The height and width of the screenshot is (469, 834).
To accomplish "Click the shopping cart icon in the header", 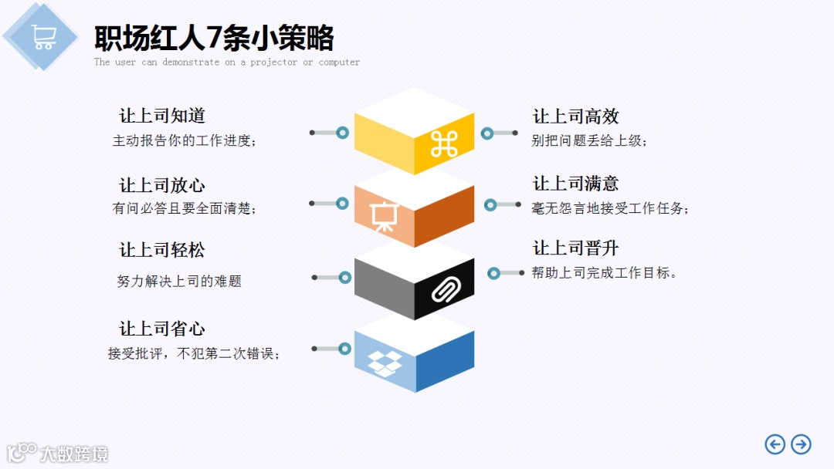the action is coord(43,36).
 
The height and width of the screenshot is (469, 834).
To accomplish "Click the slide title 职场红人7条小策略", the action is coord(214,38).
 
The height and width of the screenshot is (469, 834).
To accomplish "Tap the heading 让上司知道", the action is coord(162,116).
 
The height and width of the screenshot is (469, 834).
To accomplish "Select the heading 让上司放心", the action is coord(162,185).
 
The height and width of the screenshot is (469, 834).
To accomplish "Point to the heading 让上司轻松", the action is coord(162,250).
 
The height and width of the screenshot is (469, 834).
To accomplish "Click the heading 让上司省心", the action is coord(162,329).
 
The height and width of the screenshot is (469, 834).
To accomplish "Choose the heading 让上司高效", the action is coord(576,116).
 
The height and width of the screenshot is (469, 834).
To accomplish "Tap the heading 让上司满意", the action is coord(576,184).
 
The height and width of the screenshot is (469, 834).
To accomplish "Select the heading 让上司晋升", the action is coord(576,248).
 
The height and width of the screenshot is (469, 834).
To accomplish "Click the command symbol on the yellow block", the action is coord(444,144).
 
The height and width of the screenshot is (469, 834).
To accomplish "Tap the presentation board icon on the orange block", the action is coord(382,216).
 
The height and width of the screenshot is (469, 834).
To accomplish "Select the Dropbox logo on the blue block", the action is coord(385,361).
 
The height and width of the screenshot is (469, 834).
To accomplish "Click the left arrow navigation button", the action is coord(775,444).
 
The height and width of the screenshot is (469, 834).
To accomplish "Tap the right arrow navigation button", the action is coord(802,444).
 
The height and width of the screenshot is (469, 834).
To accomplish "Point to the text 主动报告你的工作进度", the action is coord(184,141).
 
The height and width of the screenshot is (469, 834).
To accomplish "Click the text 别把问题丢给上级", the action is coord(589,140).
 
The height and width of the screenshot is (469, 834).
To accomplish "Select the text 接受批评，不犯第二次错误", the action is coord(194,354).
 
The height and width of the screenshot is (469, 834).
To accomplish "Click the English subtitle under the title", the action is coord(227,62).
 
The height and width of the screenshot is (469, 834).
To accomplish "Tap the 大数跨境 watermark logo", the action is coord(58,452).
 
